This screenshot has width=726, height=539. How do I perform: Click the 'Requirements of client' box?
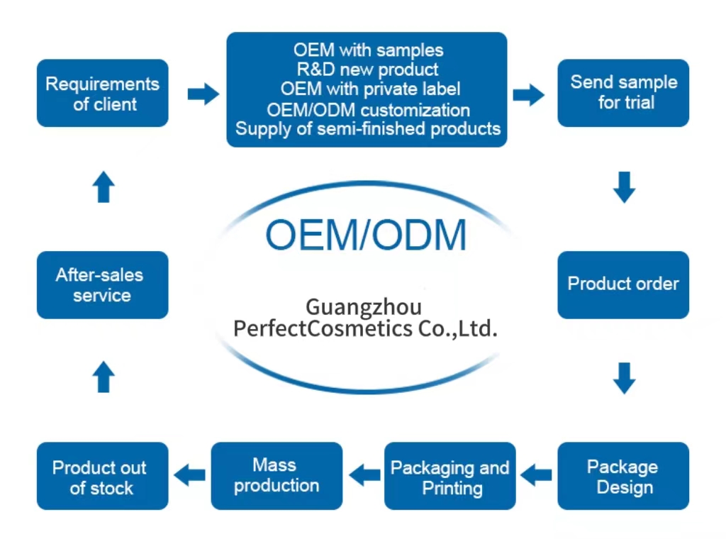tap(102, 93)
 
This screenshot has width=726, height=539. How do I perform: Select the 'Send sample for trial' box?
tap(623, 93)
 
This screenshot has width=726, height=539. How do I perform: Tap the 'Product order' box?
tap(623, 284)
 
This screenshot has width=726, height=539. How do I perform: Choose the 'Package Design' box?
tap(623, 476)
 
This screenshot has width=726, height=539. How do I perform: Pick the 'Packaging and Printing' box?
tap(449, 476)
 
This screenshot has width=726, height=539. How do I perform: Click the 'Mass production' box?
tap(277, 476)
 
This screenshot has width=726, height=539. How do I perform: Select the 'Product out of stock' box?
tap(102, 476)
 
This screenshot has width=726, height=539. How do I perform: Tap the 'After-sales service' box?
tap(102, 284)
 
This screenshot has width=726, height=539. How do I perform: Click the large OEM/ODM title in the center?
tap(366, 235)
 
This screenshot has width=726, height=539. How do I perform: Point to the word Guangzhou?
tap(364, 307)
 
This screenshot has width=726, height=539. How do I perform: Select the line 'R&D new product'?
tap(367, 70)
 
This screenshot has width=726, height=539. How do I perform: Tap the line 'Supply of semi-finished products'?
tap(368, 129)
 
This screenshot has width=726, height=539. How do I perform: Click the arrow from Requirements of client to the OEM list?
tap(203, 93)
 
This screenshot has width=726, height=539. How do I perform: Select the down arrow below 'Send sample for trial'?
tap(624, 187)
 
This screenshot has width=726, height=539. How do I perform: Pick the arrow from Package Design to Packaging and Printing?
tap(536, 474)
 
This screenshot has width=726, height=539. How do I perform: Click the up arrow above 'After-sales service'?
tap(104, 187)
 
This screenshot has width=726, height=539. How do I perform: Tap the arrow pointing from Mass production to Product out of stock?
tap(189, 474)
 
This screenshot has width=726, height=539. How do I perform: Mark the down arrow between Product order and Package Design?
tap(624, 377)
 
